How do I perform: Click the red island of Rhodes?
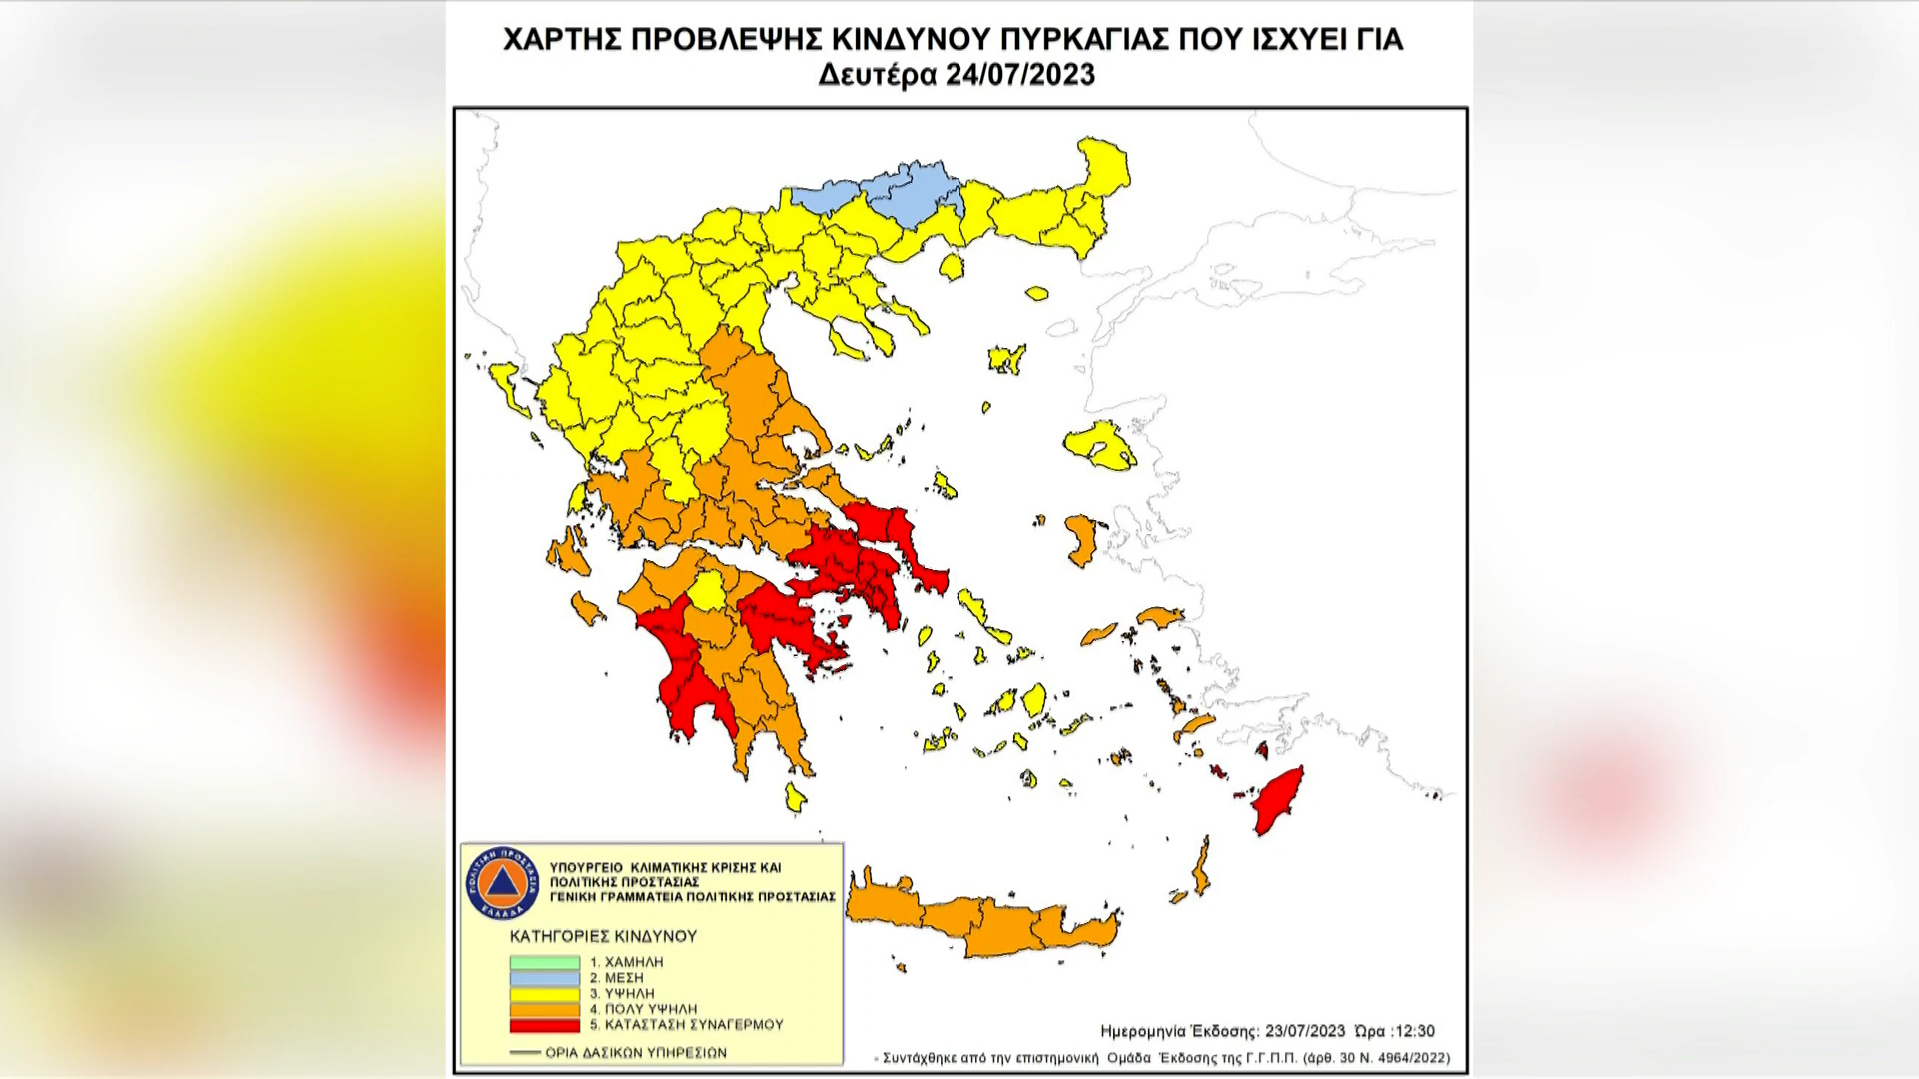1278,800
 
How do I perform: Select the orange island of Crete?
989,924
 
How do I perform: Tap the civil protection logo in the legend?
502,883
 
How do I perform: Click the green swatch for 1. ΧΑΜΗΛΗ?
545,962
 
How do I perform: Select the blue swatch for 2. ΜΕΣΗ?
545,978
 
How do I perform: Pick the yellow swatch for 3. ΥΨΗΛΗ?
545,994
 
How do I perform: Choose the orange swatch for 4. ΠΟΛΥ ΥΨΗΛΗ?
545,1010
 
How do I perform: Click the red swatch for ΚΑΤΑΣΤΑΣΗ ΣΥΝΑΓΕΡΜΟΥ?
545,1026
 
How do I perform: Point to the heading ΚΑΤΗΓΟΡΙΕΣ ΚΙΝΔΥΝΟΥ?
603,937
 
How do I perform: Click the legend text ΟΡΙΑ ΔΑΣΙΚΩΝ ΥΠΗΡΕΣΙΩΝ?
636,1053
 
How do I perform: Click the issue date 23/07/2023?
1305,1032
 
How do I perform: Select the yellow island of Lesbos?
1099,444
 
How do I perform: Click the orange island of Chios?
1080,539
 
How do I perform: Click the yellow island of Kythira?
795,797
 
